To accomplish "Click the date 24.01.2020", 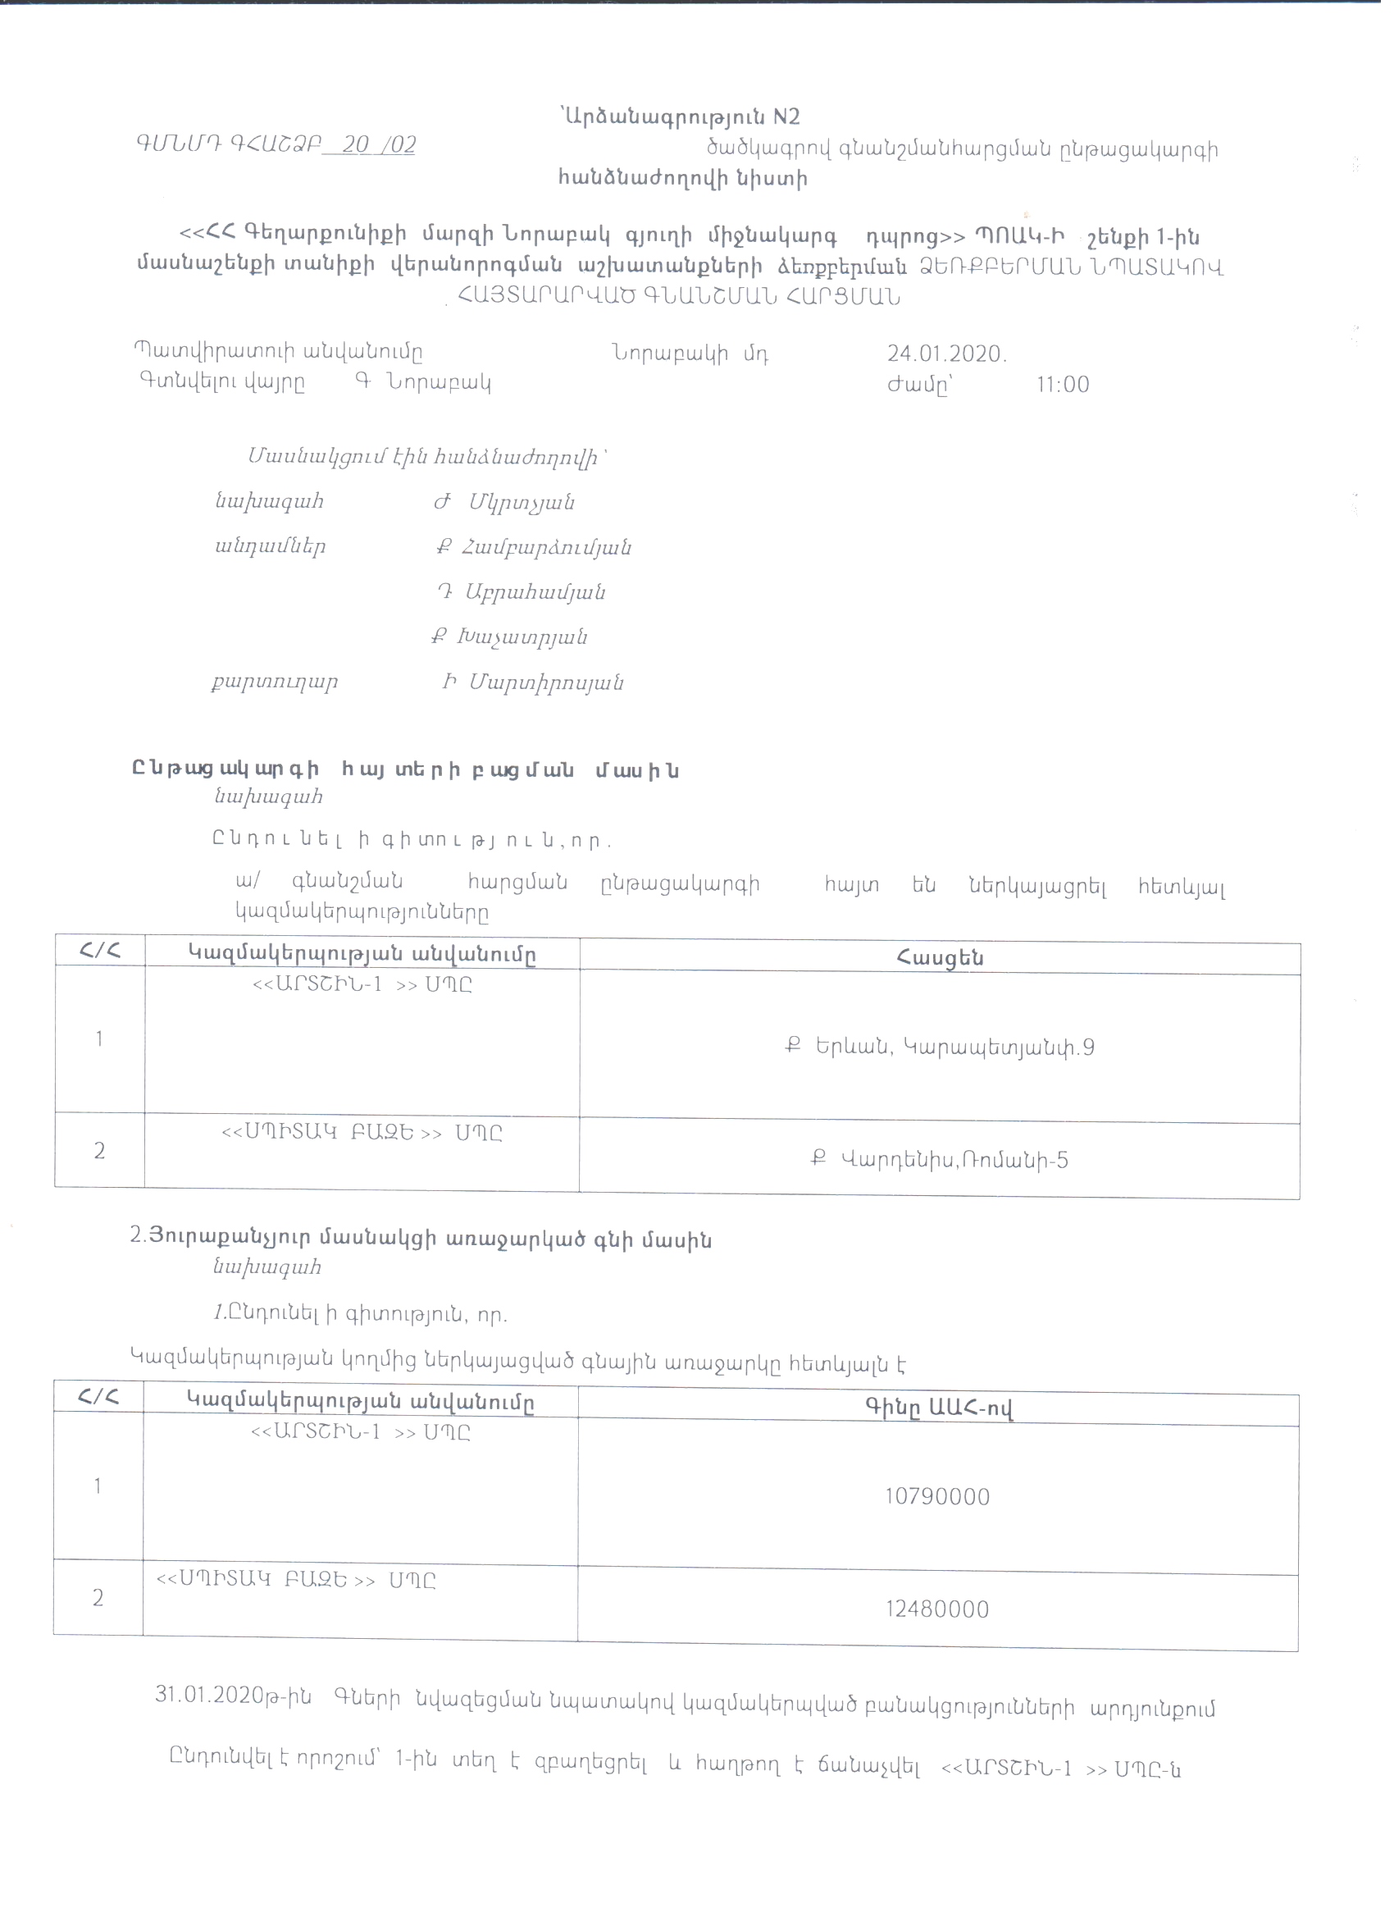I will (945, 354).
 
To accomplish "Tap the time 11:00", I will (1063, 385).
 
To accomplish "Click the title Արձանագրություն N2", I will (680, 117).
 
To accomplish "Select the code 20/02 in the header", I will (379, 144).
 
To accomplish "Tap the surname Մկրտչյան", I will (522, 503).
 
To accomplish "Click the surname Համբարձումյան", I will (546, 548).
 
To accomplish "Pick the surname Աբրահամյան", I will (535, 592).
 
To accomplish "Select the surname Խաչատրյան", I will (522, 637).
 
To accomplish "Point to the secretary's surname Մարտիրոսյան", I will (546, 683).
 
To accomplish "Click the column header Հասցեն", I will (940, 958).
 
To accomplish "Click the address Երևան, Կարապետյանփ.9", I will (954, 1048).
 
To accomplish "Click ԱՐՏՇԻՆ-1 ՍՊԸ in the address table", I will (362, 984).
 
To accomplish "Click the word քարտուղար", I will (275, 682).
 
